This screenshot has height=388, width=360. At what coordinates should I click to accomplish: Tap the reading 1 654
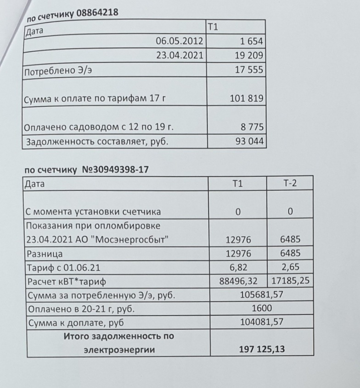coord(251,42)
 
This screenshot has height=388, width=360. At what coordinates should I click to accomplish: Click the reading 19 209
coord(248,56)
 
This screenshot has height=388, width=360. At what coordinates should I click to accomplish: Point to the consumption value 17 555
coord(248,71)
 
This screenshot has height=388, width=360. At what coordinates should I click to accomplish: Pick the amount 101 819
coord(247,98)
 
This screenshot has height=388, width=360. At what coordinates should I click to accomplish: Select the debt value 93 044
coord(248,141)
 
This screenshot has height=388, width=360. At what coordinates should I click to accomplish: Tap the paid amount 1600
coord(262,308)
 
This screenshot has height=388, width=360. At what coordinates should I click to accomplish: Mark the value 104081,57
coord(262,322)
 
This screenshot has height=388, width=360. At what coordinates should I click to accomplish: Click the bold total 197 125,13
coord(262,349)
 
